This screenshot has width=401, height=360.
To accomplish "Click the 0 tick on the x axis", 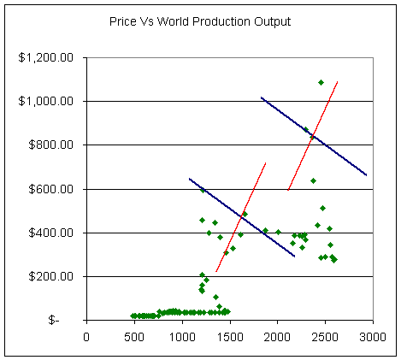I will click(86, 336).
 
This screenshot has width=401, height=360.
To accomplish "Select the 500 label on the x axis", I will click(134, 336).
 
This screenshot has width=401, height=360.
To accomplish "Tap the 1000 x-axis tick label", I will click(182, 336).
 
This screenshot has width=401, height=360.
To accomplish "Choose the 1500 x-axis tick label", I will click(230, 336).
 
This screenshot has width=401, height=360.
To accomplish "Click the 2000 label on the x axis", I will click(278, 336).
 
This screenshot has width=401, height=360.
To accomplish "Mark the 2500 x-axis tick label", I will click(326, 336).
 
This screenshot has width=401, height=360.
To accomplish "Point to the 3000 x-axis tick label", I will click(374, 336).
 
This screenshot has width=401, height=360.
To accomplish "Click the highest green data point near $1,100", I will click(321, 82).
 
